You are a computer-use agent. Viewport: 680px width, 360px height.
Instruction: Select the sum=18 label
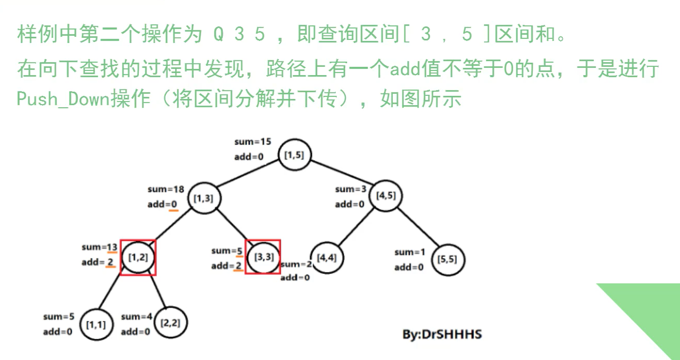pos(166,190)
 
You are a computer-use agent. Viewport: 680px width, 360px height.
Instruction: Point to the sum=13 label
pos(100,247)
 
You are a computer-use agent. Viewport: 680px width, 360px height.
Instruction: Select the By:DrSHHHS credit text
pos(442,334)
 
